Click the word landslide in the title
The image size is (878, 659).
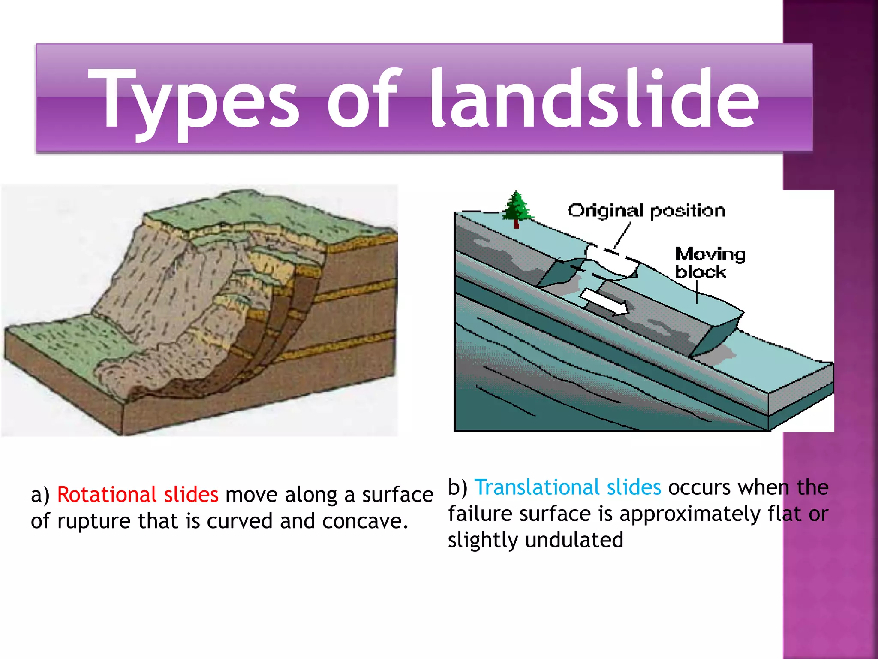594,99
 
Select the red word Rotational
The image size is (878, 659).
107,495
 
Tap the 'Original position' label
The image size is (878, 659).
646,211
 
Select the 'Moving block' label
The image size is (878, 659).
710,263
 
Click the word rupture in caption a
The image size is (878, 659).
93,521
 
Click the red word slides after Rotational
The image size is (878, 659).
191,495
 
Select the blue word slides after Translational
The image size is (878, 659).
634,487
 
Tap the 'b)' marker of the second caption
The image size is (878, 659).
458,488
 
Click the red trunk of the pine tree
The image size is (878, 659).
517,223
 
